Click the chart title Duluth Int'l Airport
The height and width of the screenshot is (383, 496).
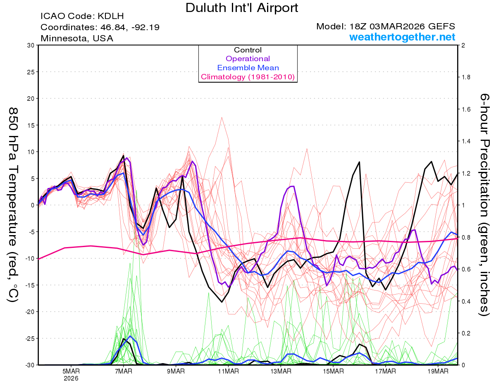coord(242,8)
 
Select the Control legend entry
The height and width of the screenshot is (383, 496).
coord(248,50)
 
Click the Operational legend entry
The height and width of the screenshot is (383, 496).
coord(248,59)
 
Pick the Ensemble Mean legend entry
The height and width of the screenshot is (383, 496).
coord(248,68)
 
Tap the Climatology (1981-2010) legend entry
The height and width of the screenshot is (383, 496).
coord(248,77)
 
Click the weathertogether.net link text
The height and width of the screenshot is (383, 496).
coord(402,37)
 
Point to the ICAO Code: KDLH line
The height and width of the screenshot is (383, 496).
coord(82,17)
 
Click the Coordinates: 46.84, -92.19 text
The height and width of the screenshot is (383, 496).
coord(100,27)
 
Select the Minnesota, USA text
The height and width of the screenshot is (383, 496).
coord(77,38)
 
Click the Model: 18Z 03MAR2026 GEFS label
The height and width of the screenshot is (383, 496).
coord(386,26)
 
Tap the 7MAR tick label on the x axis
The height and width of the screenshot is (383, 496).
coord(123,371)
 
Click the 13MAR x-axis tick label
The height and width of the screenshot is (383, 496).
coord(280,371)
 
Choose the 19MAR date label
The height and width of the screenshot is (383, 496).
coord(437,371)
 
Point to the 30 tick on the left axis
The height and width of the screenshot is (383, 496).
coord(30,45)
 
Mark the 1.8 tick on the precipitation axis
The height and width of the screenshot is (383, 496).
coord(466,77)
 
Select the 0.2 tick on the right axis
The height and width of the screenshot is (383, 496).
coord(466,333)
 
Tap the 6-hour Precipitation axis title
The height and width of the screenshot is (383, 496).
coord(484,205)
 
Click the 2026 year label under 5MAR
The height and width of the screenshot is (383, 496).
coord(71,378)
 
